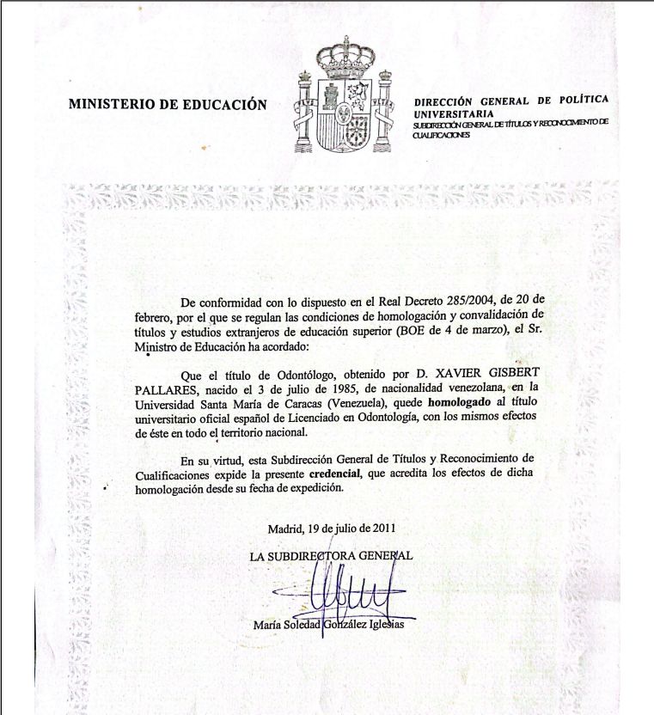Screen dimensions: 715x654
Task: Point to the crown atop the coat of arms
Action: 341,57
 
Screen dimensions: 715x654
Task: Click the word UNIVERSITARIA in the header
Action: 454,113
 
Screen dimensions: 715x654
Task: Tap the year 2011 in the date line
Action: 382,527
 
